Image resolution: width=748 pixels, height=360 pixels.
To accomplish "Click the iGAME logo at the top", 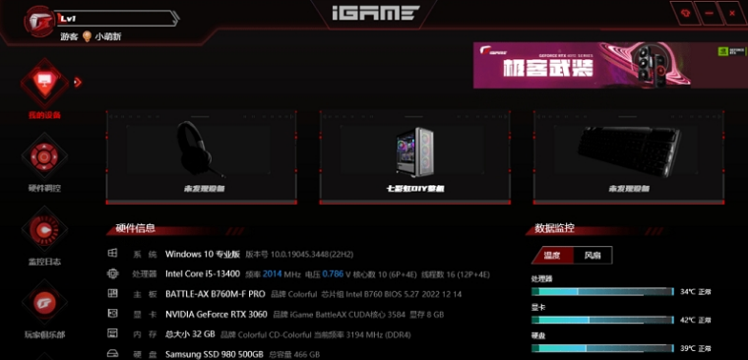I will pyautogui.click(x=374, y=15).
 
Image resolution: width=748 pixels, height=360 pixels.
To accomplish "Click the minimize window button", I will pyautogui.click(x=708, y=12).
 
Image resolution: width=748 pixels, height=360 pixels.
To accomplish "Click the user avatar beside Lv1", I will pyautogui.click(x=40, y=22).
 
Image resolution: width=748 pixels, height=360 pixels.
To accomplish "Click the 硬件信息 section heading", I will pyautogui.click(x=136, y=229).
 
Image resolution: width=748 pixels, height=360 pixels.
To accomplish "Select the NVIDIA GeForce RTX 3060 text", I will pyautogui.click(x=216, y=315).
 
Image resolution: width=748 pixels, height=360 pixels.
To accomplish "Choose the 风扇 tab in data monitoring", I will pyautogui.click(x=592, y=256).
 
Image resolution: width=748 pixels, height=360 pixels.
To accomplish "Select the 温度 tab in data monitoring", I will pyautogui.click(x=551, y=256).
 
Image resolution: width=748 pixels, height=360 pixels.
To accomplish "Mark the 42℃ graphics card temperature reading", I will pyautogui.click(x=687, y=320).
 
